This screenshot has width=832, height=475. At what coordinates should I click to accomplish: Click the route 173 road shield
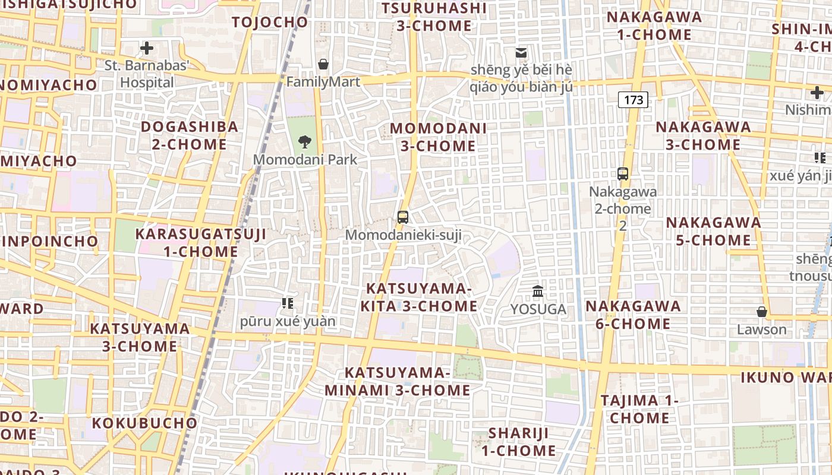coord(633,100)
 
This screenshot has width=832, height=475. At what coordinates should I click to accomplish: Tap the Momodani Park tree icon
coord(305,141)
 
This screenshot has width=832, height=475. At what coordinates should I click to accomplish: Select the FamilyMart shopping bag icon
coord(323,64)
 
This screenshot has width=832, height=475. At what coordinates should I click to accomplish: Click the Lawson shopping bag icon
coord(761,312)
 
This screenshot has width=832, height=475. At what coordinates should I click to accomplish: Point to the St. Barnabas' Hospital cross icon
coord(147,48)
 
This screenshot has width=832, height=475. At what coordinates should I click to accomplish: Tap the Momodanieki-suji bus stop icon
coord(403,217)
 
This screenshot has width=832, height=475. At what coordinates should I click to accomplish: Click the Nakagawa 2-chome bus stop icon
coord(623,174)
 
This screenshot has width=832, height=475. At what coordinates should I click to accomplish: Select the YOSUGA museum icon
coord(538,291)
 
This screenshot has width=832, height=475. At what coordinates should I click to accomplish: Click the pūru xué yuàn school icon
coord(288,303)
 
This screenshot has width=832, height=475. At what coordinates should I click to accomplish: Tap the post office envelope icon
coord(521,53)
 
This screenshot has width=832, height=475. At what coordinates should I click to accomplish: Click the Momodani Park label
coord(305,160)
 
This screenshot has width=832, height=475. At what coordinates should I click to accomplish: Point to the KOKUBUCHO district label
coord(144,423)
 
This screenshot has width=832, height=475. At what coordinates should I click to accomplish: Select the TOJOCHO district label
coord(270,23)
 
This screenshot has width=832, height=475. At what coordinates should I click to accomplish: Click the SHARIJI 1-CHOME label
coord(518,442)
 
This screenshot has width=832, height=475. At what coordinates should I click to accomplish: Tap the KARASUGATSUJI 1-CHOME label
coord(201,242)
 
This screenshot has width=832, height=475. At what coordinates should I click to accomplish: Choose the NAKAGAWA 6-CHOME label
coord(634,315)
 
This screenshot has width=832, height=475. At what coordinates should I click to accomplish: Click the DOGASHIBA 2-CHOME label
coord(190,135)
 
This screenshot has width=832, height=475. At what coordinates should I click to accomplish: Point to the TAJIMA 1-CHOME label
coord(639,409)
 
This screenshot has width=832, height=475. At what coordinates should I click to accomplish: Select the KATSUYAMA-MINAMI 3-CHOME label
coord(398,381)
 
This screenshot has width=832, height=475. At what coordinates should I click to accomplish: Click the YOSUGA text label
coord(538,309)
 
